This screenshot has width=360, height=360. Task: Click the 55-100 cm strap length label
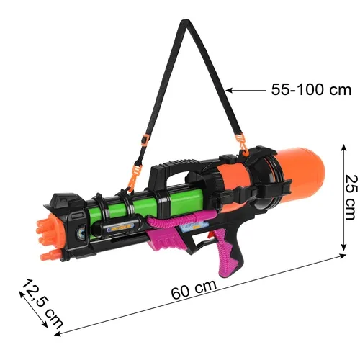(x=311, y=90)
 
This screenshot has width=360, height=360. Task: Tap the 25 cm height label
(x=349, y=198)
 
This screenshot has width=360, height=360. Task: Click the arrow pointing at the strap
(x=246, y=90)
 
